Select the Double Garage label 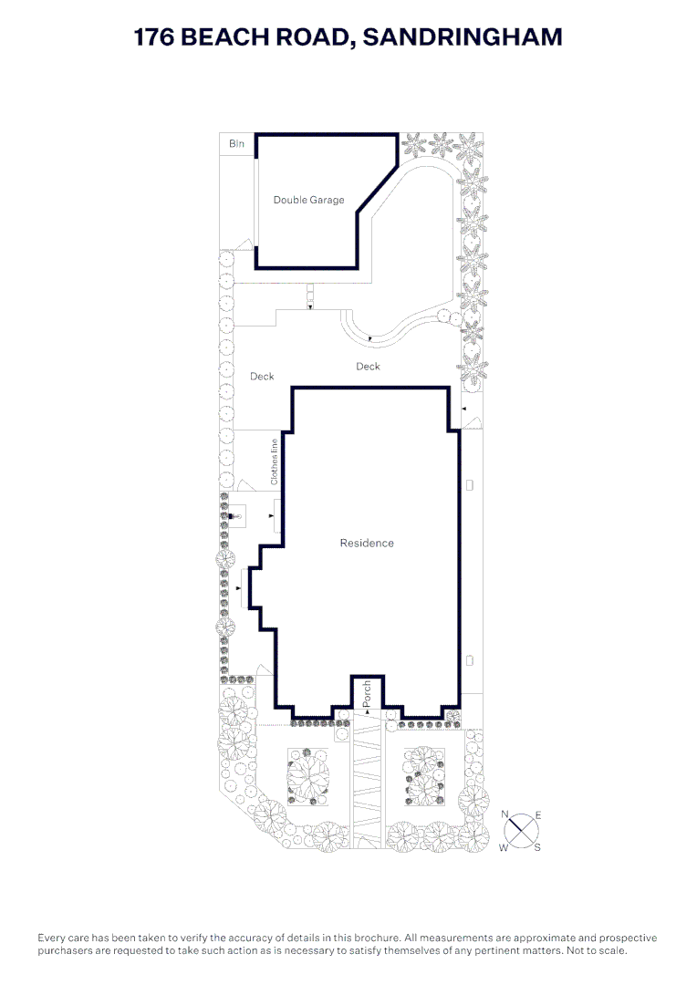coord(308,200)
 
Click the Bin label coord(236,144)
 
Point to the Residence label coord(367,543)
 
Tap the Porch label coord(367,691)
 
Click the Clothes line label coord(273,461)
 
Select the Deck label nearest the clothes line coord(262,376)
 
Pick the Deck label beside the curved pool coord(368,367)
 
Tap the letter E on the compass coord(538,814)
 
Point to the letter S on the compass coord(537,847)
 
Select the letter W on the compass coord(503,847)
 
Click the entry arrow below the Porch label coord(367,711)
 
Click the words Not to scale coord(601,950)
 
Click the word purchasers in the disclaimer coord(67,950)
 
